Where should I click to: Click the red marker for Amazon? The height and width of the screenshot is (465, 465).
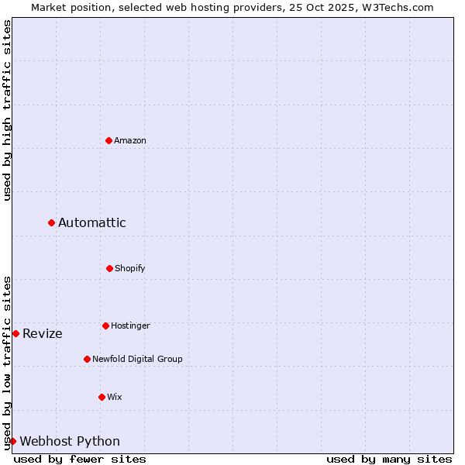point(108,140)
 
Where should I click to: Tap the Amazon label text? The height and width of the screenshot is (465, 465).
point(130,141)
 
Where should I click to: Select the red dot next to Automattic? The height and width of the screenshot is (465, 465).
point(51,223)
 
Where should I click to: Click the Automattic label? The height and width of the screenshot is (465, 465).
point(92,223)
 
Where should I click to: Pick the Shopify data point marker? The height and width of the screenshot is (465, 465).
point(109,268)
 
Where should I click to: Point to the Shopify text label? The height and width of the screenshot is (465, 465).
point(130,269)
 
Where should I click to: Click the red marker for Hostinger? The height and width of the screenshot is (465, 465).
point(105,325)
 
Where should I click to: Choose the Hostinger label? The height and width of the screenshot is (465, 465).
point(130,326)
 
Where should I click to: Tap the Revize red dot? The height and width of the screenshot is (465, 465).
point(15,333)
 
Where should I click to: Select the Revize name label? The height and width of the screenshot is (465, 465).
point(43,334)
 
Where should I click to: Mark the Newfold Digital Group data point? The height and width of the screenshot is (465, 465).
point(87,359)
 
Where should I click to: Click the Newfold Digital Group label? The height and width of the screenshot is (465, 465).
point(137,360)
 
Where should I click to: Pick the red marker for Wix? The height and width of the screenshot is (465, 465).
point(102,397)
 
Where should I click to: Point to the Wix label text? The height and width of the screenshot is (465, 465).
point(115,398)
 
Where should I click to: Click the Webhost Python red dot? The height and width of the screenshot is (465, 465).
point(12,441)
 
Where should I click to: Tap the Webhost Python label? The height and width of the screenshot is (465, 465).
point(70,442)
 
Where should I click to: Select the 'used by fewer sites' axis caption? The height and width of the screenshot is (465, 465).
point(80,459)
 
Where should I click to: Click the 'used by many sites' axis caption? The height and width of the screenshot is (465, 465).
point(389,459)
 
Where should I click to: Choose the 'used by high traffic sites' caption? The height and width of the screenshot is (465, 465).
point(7,110)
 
